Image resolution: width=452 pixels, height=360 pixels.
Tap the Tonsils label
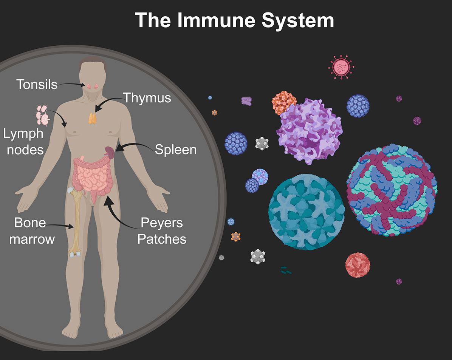[x=37, y=84]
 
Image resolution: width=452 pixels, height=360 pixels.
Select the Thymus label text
[x=147, y=98]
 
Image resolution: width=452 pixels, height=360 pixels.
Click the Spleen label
[x=176, y=150]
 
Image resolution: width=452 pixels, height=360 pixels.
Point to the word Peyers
[x=162, y=223]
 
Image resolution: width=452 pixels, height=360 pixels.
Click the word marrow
[x=32, y=239]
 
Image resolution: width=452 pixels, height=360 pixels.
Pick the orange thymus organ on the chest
[x=93, y=118]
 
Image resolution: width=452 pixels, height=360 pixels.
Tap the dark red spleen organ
[x=110, y=152]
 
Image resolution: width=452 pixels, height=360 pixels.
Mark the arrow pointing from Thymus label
[x=108, y=104]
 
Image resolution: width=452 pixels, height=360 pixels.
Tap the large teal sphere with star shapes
[x=306, y=212]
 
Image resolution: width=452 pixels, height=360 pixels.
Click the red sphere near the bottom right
[x=358, y=265]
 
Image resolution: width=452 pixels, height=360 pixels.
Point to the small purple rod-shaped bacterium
[x=247, y=101]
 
